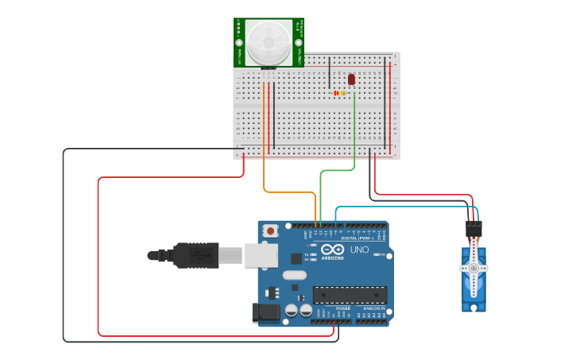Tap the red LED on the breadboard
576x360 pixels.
coord(351,79)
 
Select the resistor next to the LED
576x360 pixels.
coord(340,93)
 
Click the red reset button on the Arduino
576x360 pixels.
coord(271,231)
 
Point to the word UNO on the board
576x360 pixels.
coord(360,250)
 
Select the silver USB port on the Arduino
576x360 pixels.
coord(260,254)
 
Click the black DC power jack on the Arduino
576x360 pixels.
coord(266,313)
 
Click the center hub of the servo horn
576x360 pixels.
coord(474,269)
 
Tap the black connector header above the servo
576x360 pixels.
coord(474,228)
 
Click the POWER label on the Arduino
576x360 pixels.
coord(343,308)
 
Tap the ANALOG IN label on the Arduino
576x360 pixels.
coord(373,308)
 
